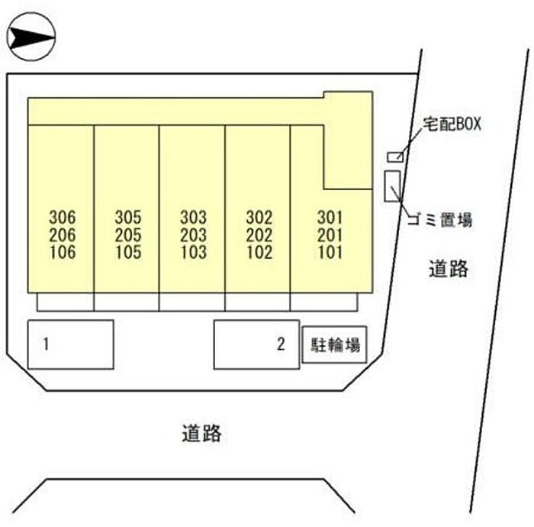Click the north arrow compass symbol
31,37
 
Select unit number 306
63,217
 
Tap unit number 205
128,235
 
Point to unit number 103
194,252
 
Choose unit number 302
259,217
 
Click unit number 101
330,252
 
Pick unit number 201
330,235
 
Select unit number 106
63,252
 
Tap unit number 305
128,217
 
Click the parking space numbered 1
70,344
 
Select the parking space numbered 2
257,344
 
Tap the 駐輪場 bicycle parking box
334,344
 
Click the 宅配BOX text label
452,124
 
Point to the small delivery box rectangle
395,157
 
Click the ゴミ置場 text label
440,219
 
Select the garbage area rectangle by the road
393,186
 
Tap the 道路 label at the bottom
201,433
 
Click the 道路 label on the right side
449,268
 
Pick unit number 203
194,235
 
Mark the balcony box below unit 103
191,302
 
